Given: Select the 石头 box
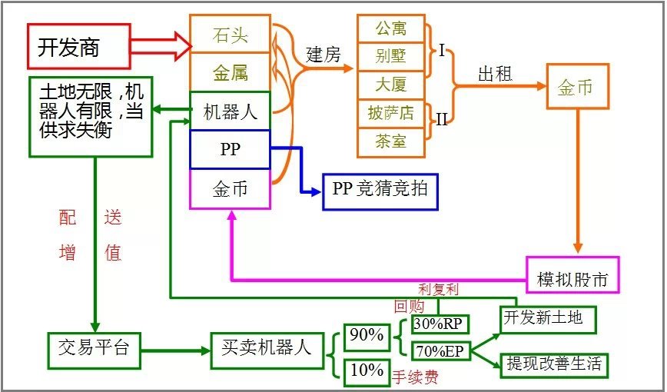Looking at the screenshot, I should pos(230,35).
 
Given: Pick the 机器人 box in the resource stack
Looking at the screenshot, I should pos(230,111).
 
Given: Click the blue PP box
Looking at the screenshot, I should pos(230,150).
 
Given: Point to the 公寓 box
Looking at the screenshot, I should pos(391,28).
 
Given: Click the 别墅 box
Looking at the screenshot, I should pos(391,56).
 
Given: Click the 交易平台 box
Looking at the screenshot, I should pos(94,350).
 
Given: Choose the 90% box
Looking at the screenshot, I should pos(367,336).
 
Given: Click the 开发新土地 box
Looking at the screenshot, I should pos(547,317).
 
